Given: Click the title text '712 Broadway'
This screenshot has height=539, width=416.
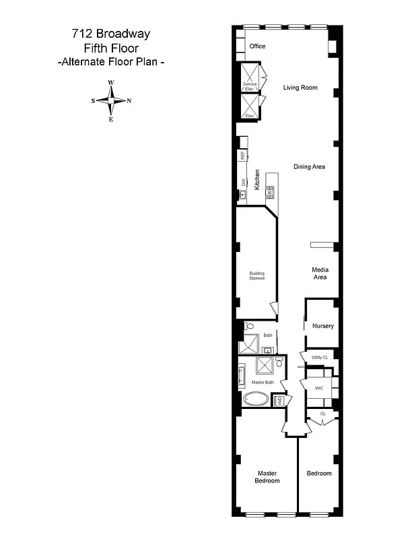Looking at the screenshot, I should [111, 33].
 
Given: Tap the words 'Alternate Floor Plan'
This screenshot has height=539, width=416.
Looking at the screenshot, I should [111, 62].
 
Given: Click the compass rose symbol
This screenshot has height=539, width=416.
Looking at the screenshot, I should [111, 101].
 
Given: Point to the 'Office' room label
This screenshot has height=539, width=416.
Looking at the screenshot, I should [257, 46].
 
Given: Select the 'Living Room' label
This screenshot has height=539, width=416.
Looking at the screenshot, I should [300, 88].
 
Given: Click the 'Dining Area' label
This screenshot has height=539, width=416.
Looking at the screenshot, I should [310, 166].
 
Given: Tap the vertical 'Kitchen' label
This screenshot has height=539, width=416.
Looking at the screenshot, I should [257, 179].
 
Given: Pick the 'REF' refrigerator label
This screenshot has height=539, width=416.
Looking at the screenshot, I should [242, 156].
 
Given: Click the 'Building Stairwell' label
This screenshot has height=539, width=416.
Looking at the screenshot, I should [257, 276].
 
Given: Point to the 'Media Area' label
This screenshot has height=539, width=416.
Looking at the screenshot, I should [320, 273].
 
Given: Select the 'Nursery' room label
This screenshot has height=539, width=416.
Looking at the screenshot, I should [322, 326].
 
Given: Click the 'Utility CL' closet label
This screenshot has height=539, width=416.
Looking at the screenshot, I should [319, 357].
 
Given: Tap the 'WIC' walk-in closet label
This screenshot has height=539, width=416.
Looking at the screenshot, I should [318, 389].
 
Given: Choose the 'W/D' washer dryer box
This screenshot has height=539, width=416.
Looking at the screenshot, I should [279, 400].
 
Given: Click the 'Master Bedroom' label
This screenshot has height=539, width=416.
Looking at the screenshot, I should [267, 476].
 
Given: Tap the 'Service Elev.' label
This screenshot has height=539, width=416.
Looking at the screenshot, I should [250, 86].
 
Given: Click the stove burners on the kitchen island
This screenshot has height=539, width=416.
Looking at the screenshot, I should [271, 190].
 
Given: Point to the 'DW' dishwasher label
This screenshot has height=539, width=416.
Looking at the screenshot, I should [243, 182].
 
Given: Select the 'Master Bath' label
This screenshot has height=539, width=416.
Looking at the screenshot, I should [263, 383].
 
